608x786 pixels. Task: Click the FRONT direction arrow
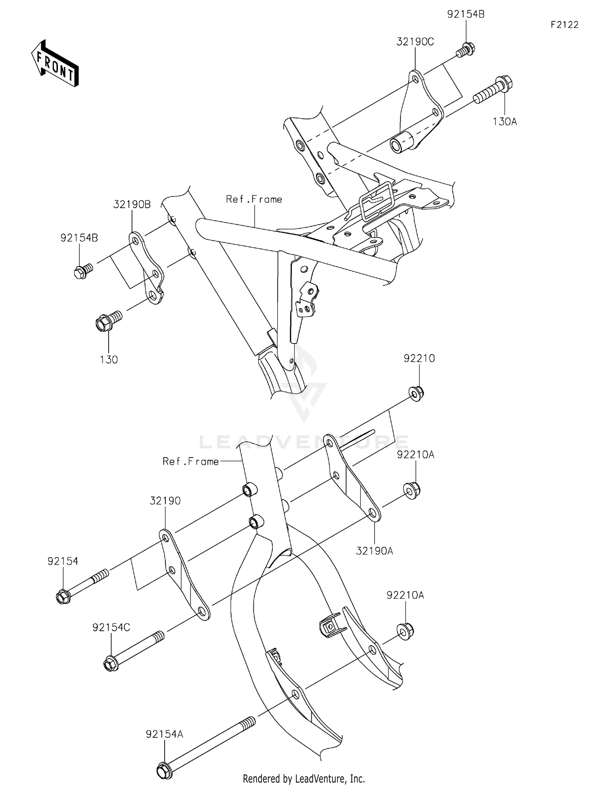coord(55,64)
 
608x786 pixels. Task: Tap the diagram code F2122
coord(564,25)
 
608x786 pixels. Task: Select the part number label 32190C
coord(415,42)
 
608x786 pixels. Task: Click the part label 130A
coord(505,122)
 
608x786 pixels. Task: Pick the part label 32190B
coord(132,204)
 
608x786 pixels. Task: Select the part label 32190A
coord(375,551)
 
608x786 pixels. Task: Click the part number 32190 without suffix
coord(165,501)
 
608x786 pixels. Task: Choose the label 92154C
coord(111,627)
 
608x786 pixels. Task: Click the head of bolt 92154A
coord(164,770)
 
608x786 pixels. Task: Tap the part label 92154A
coord(165,734)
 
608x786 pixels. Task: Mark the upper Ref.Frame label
coord(254,199)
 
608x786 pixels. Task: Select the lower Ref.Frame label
coord(191,462)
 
